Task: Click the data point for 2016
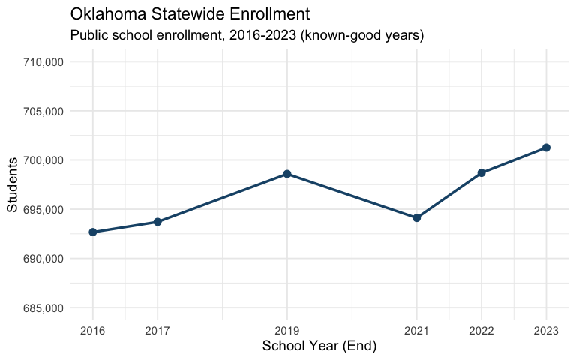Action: pyautogui.click(x=93, y=232)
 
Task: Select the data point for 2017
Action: pyautogui.click(x=157, y=222)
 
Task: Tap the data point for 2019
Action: pyautogui.click(x=287, y=174)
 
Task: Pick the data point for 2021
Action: pyautogui.click(x=417, y=218)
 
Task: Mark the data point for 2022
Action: pyautogui.click(x=481, y=173)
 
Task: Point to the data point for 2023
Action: pyautogui.click(x=546, y=148)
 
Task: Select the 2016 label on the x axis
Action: pyautogui.click(x=93, y=331)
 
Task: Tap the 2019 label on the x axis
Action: pyautogui.click(x=287, y=331)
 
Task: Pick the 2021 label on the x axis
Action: pyautogui.click(x=417, y=331)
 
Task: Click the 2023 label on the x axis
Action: pyautogui.click(x=546, y=331)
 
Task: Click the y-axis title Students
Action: pyautogui.click(x=13, y=185)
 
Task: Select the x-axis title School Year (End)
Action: pyautogui.click(x=319, y=346)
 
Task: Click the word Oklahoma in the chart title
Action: pyautogui.click(x=105, y=14)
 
